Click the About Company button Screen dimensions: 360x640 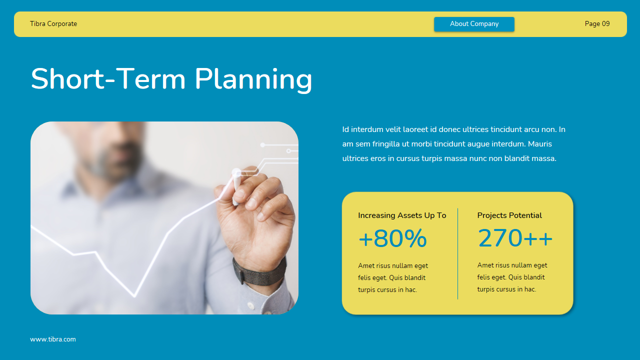click(x=474, y=24)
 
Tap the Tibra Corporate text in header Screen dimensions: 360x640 click(x=53, y=24)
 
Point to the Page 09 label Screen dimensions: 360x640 click(x=597, y=24)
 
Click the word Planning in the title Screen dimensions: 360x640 click(x=253, y=79)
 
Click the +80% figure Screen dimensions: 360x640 click(x=392, y=239)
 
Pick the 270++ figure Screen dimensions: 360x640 click(x=515, y=238)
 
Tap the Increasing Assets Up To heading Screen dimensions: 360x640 click(x=402, y=215)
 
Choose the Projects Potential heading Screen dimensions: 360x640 click(x=509, y=215)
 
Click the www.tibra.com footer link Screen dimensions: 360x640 click(x=53, y=339)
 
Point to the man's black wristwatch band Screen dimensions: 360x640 click(x=260, y=272)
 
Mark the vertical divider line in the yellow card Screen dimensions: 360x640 click(x=457, y=253)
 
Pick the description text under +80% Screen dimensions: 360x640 click(x=393, y=278)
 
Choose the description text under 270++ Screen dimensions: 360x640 click(x=512, y=277)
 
